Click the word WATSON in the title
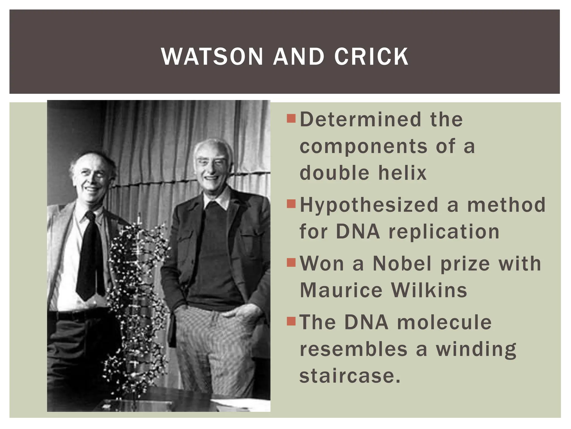(x=212, y=57)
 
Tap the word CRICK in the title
(x=371, y=57)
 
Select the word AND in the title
(x=299, y=57)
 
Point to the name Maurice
(x=341, y=290)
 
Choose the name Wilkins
(x=429, y=290)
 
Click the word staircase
(x=350, y=376)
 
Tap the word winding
(x=476, y=350)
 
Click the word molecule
(x=444, y=322)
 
